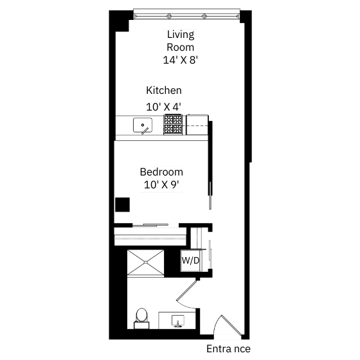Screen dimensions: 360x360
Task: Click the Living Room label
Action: tap(181, 40)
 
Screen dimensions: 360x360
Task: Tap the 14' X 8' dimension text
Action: tap(181, 60)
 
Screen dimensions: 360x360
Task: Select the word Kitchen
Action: tap(164, 90)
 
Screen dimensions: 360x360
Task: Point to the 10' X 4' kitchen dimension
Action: tap(164, 107)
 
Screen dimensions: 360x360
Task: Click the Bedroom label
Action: tap(161, 172)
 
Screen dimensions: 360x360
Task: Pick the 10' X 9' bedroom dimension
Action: tap(161, 184)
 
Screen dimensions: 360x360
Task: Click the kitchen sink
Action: tap(143, 125)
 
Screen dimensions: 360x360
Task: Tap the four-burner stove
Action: tap(173, 125)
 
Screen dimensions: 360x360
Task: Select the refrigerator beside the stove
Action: tap(197, 125)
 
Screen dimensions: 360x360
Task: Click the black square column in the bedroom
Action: tap(122, 204)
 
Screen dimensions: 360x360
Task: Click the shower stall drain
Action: tap(146, 262)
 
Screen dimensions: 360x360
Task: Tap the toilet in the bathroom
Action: tap(141, 318)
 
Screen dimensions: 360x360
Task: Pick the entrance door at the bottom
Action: tap(228, 327)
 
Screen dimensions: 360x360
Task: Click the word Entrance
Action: tap(228, 349)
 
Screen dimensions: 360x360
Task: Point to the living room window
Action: tap(186, 14)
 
